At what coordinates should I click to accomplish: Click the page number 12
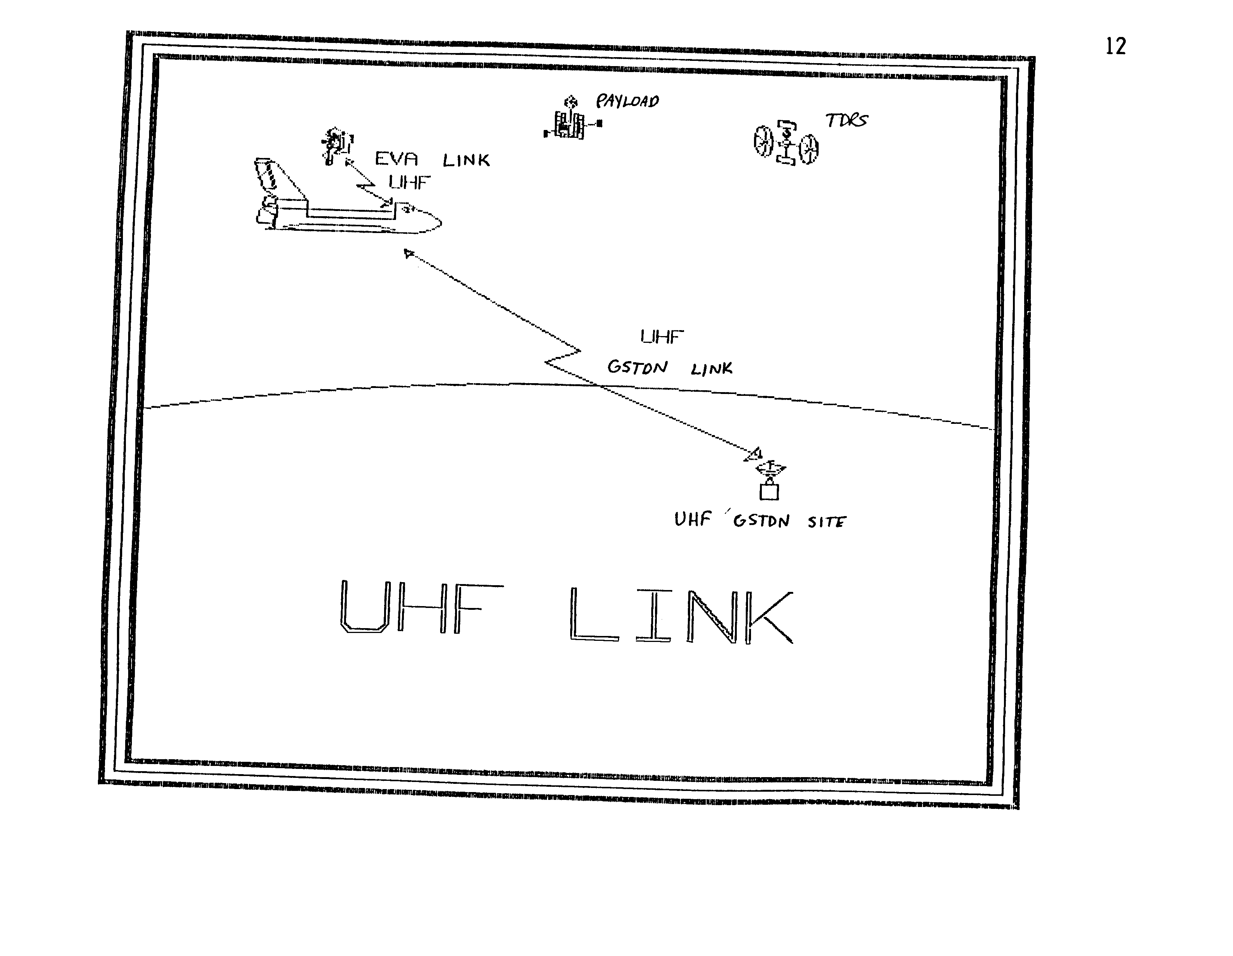point(1116,46)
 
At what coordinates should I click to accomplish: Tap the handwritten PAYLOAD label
point(628,101)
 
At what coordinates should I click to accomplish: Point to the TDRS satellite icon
point(786,143)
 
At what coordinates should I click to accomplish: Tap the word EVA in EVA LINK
point(396,159)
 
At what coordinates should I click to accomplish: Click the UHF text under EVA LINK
point(409,182)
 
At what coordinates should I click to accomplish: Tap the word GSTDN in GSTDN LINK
point(637,367)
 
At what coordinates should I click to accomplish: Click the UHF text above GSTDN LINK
point(662,337)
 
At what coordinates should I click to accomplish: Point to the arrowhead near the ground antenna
point(754,454)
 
